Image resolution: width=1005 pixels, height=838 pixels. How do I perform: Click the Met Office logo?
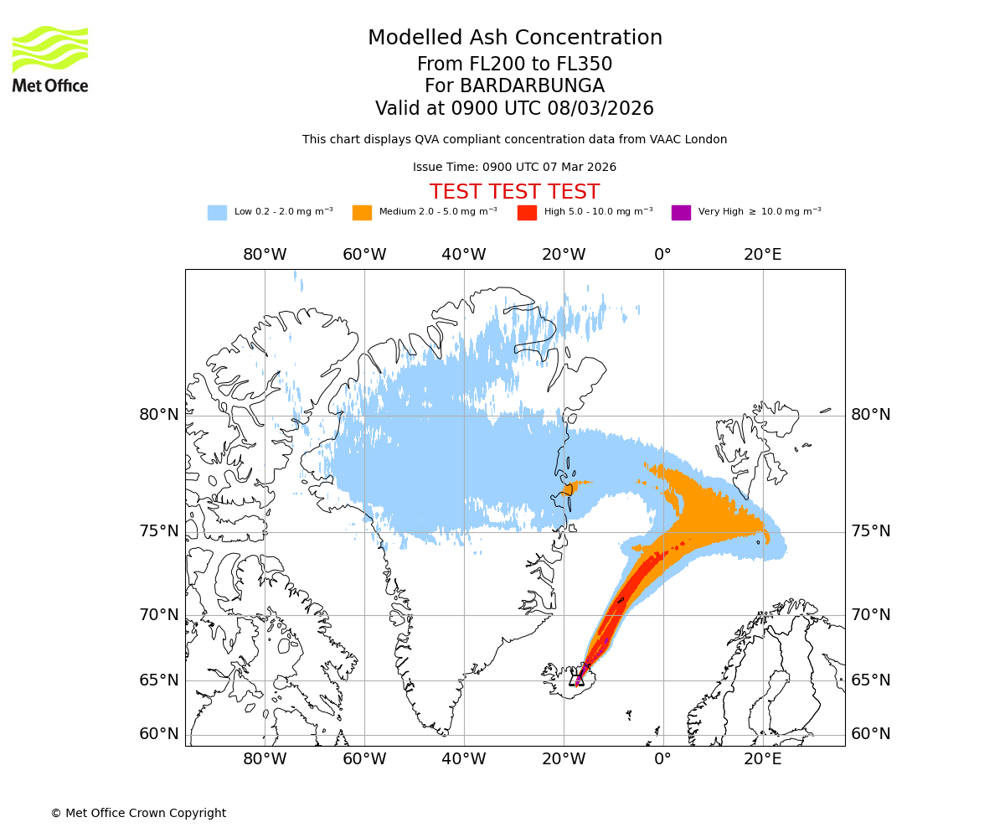point(50,59)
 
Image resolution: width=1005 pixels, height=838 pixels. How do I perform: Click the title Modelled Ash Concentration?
point(514,39)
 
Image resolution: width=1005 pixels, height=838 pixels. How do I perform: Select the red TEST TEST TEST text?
point(514,192)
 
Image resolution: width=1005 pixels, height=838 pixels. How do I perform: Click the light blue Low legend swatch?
point(217,213)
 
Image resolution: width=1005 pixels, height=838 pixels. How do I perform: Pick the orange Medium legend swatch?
point(362,213)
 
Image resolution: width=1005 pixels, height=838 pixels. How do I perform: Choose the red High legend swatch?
point(527,213)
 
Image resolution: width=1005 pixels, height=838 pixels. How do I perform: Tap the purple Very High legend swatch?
point(681,213)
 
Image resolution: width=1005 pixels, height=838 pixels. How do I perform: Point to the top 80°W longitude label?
point(265,255)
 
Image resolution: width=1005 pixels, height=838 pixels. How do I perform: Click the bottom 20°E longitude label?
point(762,760)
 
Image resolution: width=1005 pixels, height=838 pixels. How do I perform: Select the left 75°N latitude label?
point(158,531)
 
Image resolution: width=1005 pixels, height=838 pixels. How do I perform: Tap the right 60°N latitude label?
point(871,734)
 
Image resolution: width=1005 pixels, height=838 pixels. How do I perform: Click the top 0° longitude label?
point(662,255)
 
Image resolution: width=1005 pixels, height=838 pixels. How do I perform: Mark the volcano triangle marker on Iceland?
point(577,679)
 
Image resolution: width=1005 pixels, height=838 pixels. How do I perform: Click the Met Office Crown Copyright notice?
point(138,814)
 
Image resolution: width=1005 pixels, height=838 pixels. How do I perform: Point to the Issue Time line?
point(514,168)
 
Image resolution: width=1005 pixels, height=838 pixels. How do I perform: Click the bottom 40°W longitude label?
point(463,760)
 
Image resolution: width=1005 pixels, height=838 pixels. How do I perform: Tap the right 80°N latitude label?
point(871,415)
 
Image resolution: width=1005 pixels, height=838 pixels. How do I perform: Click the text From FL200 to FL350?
point(514,65)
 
